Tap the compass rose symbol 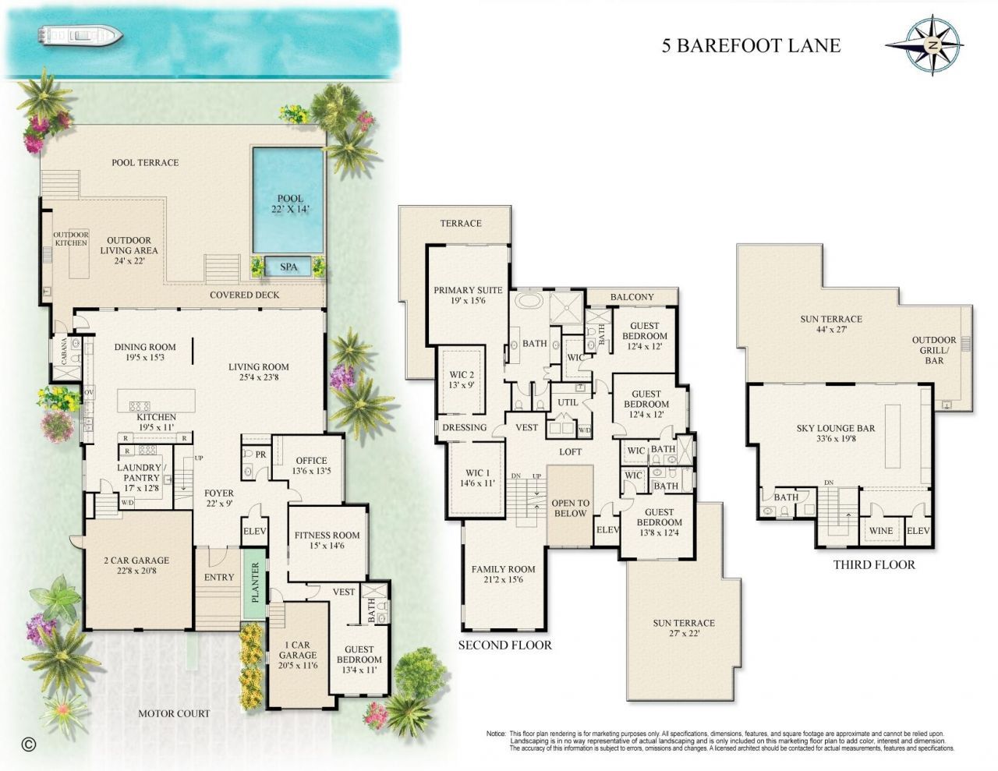(x=933, y=46)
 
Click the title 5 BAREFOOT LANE (x=751, y=45)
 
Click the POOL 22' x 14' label (x=288, y=204)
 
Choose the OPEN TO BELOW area (x=570, y=508)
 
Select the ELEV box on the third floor (x=917, y=531)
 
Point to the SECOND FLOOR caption (x=504, y=645)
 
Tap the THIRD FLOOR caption (x=873, y=564)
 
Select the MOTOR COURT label (x=174, y=713)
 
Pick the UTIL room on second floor (x=567, y=402)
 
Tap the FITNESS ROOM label (x=327, y=540)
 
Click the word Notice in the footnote (x=496, y=734)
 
